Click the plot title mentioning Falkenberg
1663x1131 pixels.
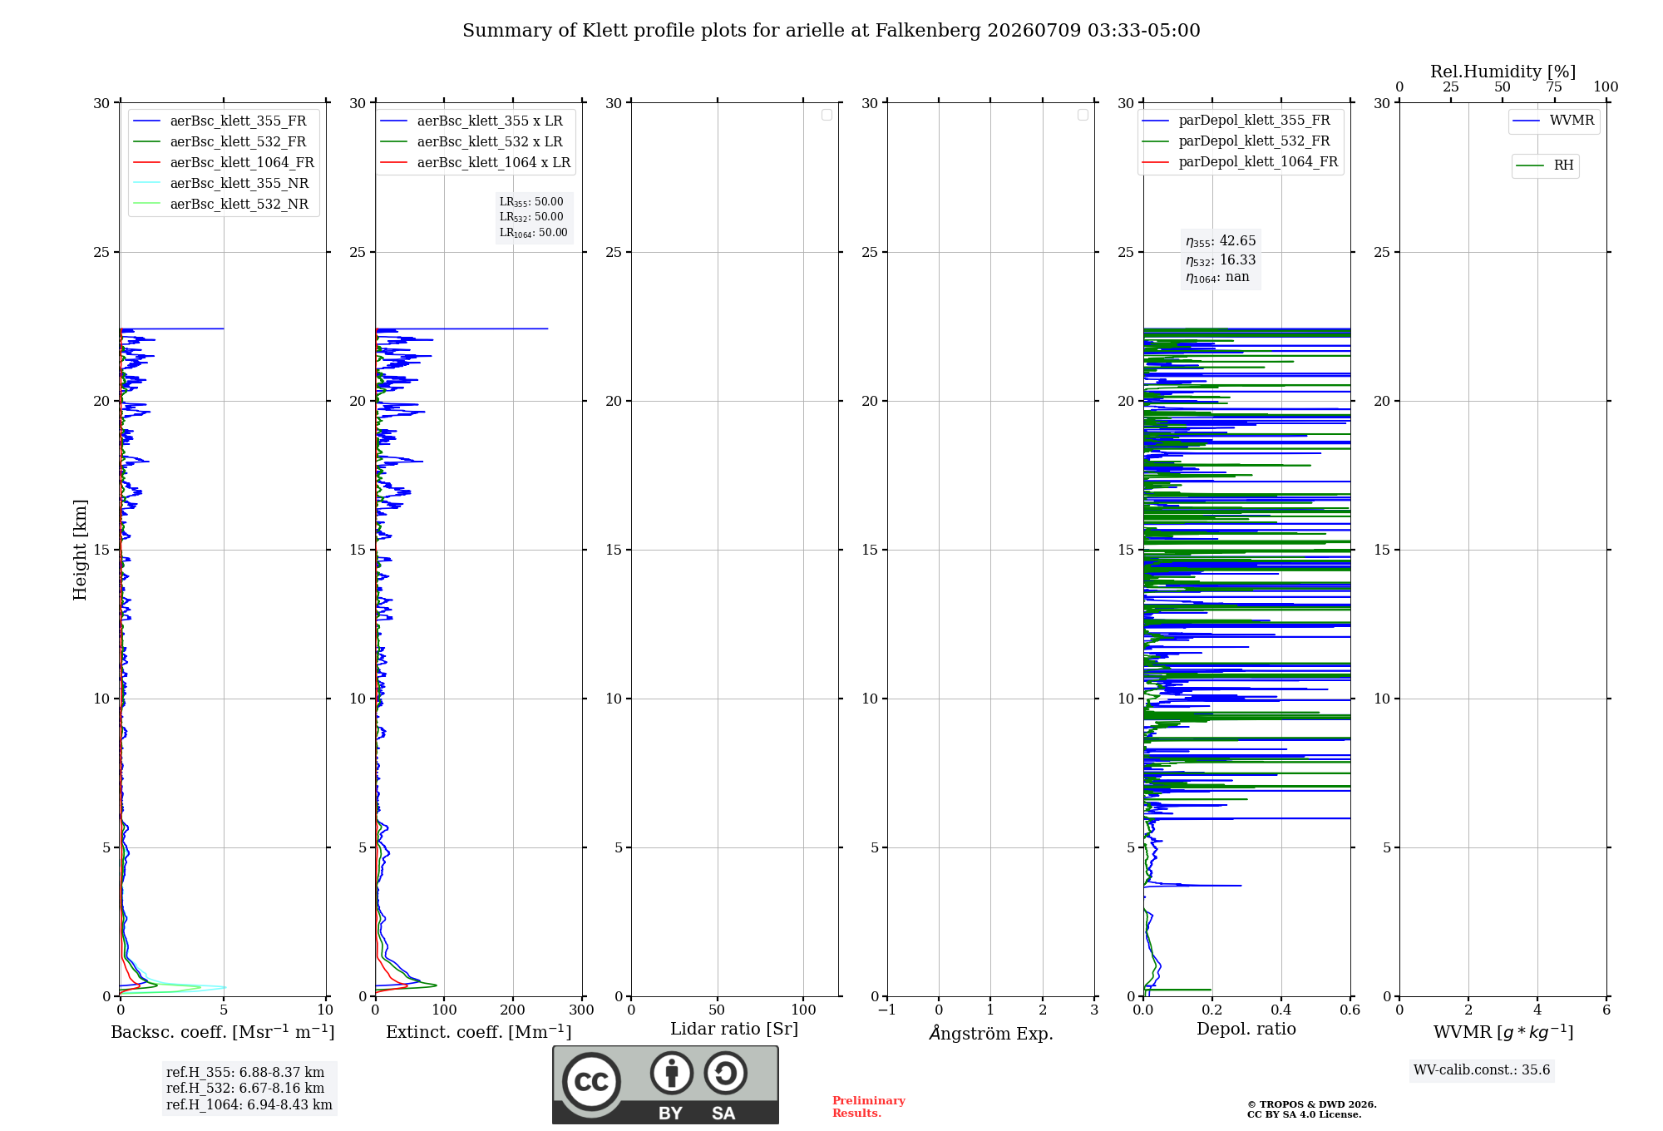831,31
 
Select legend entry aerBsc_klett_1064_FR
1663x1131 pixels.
225,163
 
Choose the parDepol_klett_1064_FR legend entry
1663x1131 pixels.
1240,162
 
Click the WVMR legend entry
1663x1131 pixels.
1554,121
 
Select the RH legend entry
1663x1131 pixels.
1545,165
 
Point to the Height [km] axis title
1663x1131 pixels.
80,550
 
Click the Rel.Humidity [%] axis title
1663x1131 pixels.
1503,72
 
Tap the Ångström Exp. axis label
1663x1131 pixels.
991,1033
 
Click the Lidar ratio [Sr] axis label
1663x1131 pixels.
734,1030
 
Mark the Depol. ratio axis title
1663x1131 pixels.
1246,1029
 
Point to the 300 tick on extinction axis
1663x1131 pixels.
582,1010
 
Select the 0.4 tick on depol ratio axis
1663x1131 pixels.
1281,1010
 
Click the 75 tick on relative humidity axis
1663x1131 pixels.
1554,87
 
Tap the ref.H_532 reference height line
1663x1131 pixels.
245,1089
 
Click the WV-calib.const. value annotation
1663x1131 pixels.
1482,1070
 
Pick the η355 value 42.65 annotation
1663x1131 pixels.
1221,241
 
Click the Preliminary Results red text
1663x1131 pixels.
869,1107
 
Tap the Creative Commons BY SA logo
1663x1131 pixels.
665,1085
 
